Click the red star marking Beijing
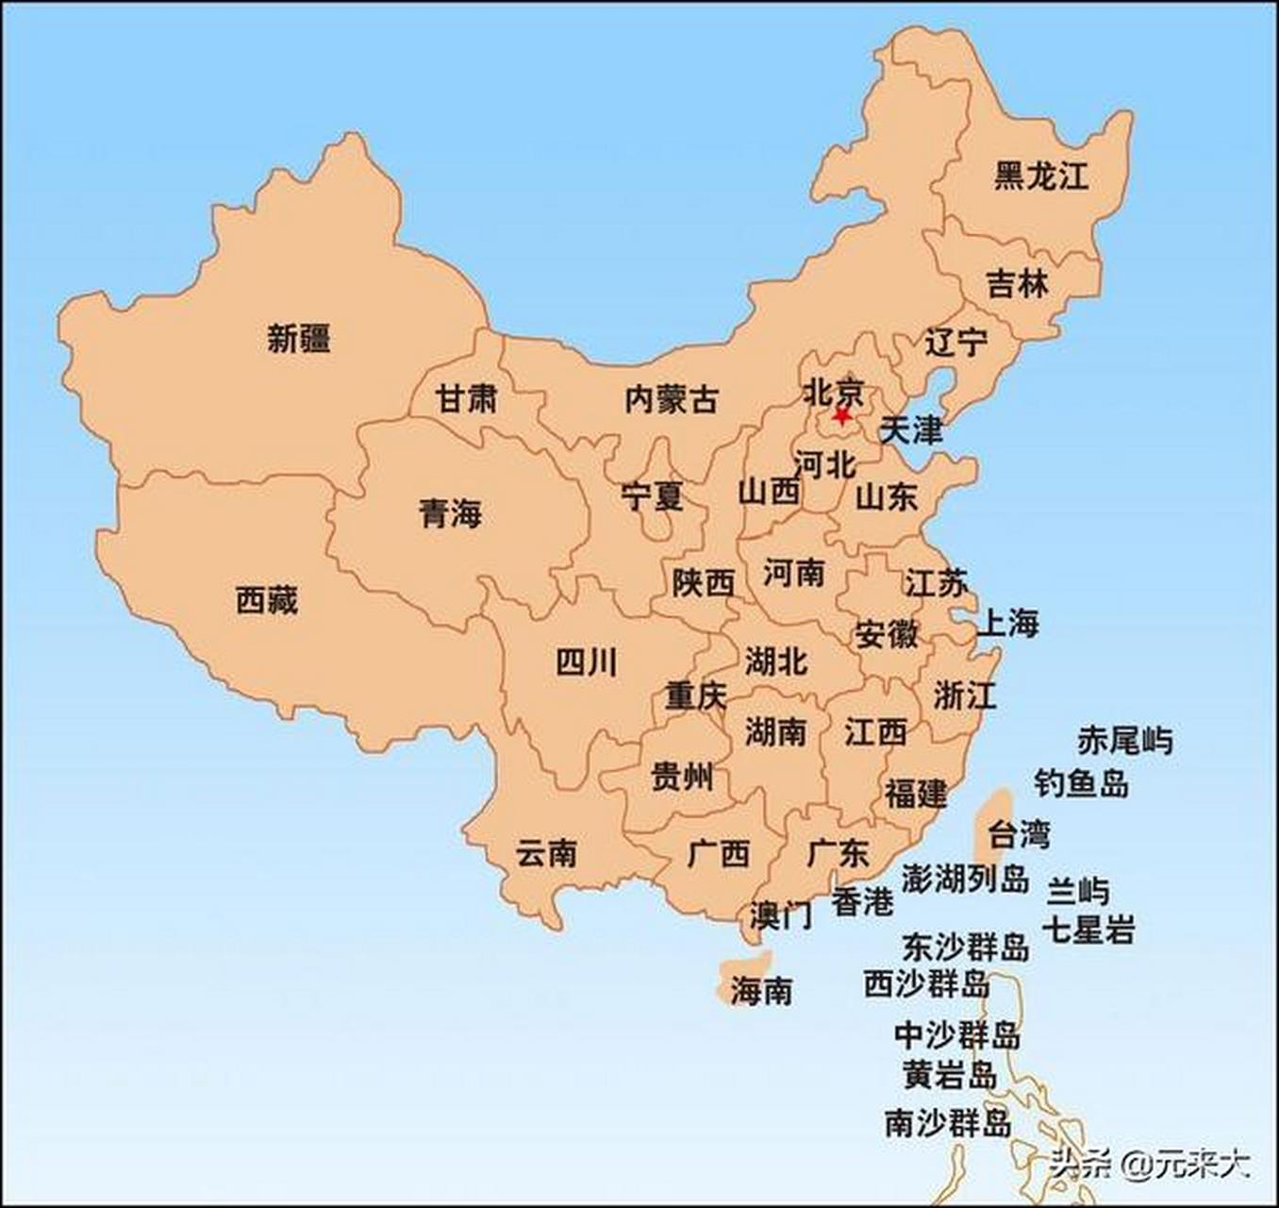pos(841,414)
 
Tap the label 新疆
pos(298,338)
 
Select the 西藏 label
pos(267,600)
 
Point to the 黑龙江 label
pos(1041,176)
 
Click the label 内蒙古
pos(671,399)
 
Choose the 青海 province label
pos(450,514)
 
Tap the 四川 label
pos(587,663)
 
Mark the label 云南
pos(546,854)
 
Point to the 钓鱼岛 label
pos(1081,782)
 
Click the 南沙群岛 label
pos(948,1123)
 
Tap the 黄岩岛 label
pos(950,1074)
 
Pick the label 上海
pos(1007,623)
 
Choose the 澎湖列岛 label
pos(964,879)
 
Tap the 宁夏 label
pos(652,495)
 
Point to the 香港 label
pos(862,902)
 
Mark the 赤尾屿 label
pos(1125,741)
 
